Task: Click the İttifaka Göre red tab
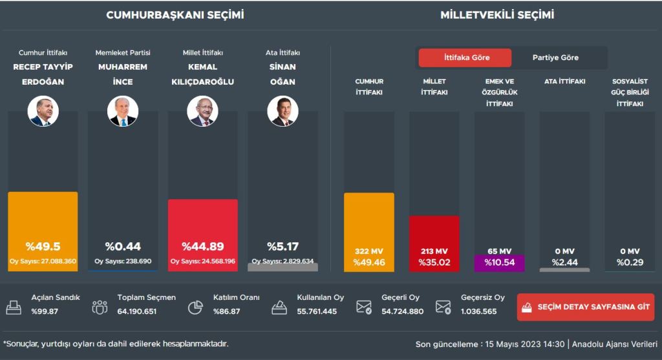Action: point(465,58)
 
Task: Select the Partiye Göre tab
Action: point(555,58)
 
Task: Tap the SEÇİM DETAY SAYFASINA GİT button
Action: point(586,307)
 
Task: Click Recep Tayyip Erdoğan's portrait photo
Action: point(43,111)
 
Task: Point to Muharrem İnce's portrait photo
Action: point(122,111)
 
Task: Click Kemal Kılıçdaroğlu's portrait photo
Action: point(202,111)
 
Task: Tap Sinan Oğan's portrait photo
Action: point(283,111)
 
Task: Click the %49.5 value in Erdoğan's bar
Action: point(43,246)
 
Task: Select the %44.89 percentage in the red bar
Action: point(202,246)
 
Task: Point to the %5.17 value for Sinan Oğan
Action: point(283,246)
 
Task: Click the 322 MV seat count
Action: point(368,251)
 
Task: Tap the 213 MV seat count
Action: point(434,251)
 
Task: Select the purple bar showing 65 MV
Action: point(499,262)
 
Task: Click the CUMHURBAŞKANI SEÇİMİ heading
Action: point(175,16)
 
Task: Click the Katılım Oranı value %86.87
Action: point(226,312)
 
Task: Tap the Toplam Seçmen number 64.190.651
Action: point(137,312)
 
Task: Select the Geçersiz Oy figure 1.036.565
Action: point(479,312)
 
